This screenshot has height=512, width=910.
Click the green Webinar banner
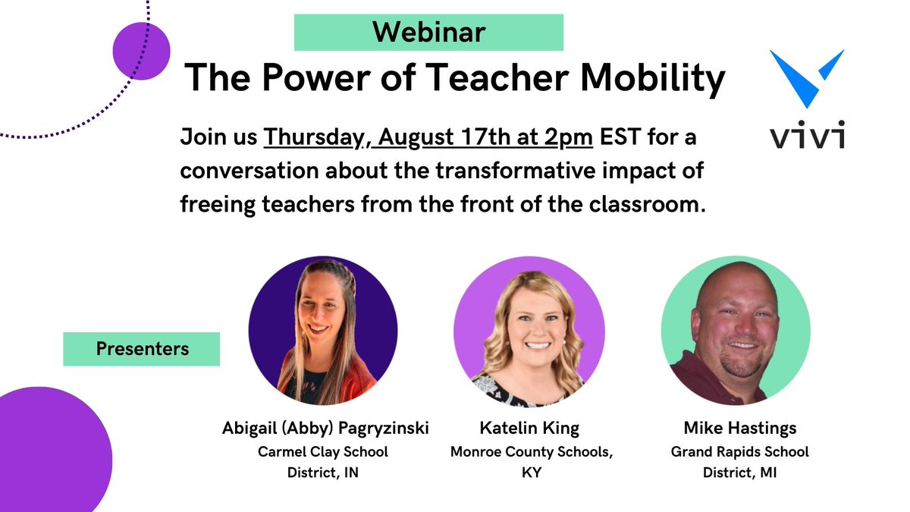[x=428, y=32]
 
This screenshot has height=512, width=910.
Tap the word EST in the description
[x=622, y=139]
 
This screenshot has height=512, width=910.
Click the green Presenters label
[x=142, y=349]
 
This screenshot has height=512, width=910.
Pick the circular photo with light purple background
[x=529, y=331]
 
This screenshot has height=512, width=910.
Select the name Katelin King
[x=529, y=428]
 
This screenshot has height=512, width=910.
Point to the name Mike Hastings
[x=739, y=428]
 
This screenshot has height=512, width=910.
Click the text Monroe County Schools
[x=529, y=452]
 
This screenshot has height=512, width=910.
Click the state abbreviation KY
[x=529, y=472]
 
